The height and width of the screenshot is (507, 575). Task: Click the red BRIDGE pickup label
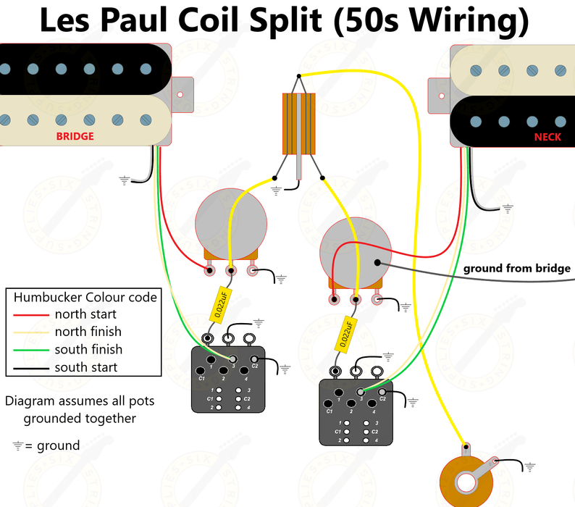75,136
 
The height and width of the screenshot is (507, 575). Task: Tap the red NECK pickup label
547,137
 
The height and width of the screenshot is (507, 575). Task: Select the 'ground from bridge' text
516,269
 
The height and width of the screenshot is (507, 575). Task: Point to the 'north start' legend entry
85,314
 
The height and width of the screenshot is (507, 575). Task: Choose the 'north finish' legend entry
88,332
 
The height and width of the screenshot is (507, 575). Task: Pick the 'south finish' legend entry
88,349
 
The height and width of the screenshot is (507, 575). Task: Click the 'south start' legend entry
85,367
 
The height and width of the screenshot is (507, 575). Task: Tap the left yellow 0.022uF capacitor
221,303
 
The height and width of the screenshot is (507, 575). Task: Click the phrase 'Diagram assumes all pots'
79,401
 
